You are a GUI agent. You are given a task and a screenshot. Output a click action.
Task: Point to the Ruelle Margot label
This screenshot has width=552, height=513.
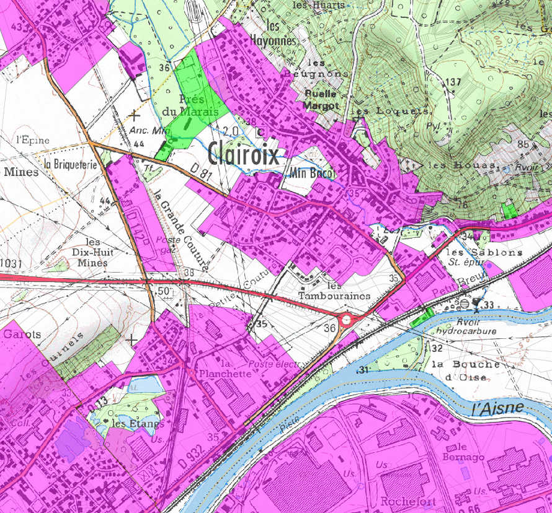(x=321, y=100)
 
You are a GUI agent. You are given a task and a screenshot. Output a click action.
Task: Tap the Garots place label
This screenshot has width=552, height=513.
(x=22, y=334)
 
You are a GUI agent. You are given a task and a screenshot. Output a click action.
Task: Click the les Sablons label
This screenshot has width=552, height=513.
(x=475, y=253)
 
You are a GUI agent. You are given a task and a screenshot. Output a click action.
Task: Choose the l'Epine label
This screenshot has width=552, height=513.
(x=33, y=140)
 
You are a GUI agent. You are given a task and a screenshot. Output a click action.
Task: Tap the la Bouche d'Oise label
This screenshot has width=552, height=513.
(x=466, y=370)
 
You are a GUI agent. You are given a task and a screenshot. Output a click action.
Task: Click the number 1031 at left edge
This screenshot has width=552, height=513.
(x=11, y=265)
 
